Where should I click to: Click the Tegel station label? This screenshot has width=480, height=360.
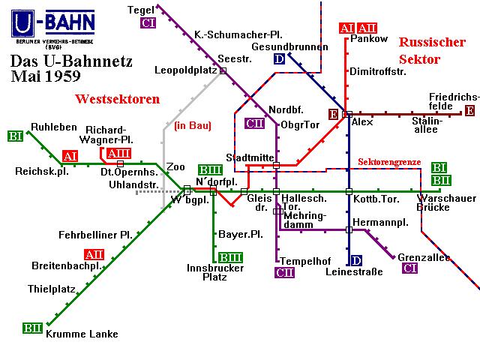[140, 10]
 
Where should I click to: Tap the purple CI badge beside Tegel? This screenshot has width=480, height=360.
[148, 23]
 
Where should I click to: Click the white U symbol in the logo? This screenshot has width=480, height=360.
[23, 23]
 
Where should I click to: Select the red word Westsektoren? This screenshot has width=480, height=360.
[118, 99]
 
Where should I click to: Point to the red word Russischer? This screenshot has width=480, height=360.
[432, 42]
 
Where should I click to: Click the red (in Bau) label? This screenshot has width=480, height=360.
[193, 125]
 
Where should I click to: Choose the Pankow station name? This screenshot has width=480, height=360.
[369, 39]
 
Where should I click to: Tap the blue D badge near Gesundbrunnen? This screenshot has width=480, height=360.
[279, 58]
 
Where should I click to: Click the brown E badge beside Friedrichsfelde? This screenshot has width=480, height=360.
[469, 110]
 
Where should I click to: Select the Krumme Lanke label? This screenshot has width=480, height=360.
[82, 334]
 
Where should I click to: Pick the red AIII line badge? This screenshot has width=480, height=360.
[118, 153]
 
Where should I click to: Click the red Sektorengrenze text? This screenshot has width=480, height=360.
[389, 162]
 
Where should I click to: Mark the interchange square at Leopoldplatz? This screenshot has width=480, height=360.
[223, 70]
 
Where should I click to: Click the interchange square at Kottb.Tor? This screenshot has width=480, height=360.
[349, 192]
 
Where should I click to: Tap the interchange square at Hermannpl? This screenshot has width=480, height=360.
[349, 229]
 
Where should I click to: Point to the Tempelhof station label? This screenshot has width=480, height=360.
[305, 261]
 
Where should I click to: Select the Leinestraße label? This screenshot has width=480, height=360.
[354, 271]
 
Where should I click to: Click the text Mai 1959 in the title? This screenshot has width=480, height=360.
[46, 76]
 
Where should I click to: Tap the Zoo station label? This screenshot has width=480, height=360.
[175, 166]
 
